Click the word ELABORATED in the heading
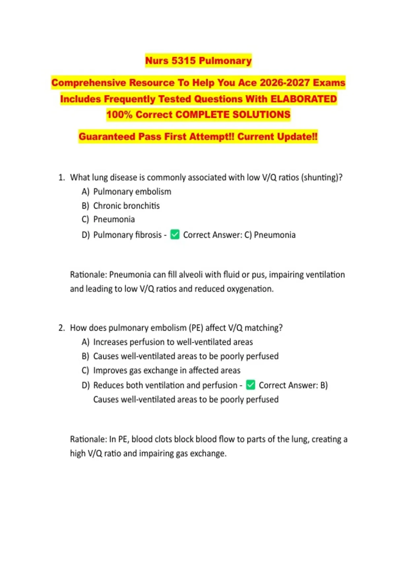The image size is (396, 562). coord(304,99)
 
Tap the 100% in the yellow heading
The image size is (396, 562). coord(119,114)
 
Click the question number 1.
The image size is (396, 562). coord(61,178)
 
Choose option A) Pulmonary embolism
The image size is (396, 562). coord(126,192)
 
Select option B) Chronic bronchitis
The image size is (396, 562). coord(120,206)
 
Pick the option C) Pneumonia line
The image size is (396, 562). coord(108,219)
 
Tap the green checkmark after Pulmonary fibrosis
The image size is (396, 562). coord(175,235)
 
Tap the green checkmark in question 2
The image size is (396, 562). coord(250,385)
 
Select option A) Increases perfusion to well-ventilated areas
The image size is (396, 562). coord(167,342)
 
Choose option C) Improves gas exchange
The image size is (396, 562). coord(161,370)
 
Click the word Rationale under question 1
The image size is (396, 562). coord(88,274)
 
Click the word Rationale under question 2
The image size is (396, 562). coord(88,439)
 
